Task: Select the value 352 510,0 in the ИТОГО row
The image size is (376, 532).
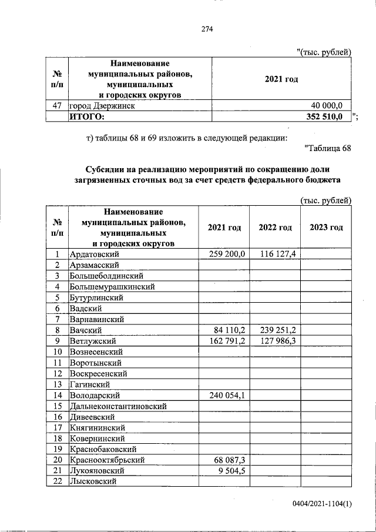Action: (x=325, y=117)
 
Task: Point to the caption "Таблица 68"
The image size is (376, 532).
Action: (x=328, y=148)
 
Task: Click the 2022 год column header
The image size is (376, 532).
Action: (x=275, y=227)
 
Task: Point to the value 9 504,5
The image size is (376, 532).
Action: (x=233, y=471)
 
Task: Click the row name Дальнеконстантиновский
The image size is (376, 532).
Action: (x=117, y=406)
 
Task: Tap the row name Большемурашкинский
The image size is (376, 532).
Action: (x=112, y=287)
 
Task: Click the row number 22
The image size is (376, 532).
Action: (x=58, y=482)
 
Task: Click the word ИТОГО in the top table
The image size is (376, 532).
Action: (x=86, y=117)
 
